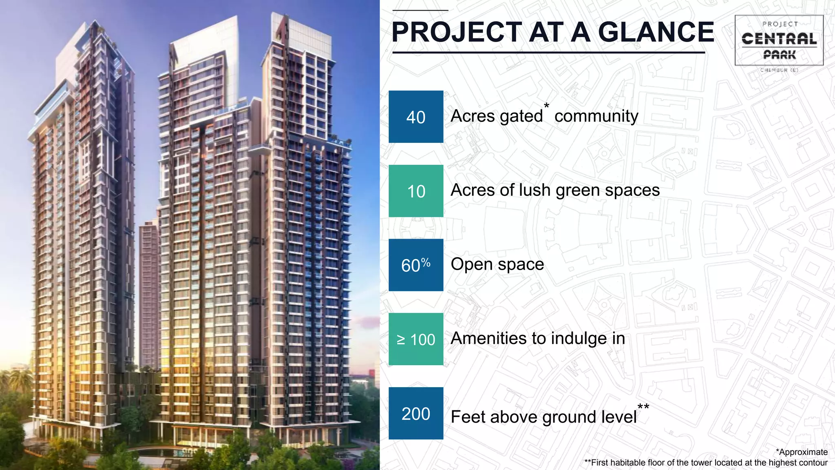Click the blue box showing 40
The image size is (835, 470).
pyautogui.click(x=415, y=117)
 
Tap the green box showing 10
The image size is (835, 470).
pyautogui.click(x=415, y=191)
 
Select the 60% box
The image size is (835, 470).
pyautogui.click(x=415, y=265)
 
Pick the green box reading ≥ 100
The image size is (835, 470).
pyautogui.click(x=415, y=339)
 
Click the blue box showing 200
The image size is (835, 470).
pyautogui.click(x=415, y=413)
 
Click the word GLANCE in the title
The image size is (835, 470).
pyautogui.click(x=656, y=32)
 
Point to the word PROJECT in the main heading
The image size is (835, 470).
pyautogui.click(x=457, y=32)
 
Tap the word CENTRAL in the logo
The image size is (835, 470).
pyautogui.click(x=779, y=39)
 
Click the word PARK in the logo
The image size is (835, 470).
pyautogui.click(x=779, y=55)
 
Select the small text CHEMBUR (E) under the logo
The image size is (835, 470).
pyautogui.click(x=779, y=70)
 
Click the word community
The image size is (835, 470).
pyautogui.click(x=596, y=116)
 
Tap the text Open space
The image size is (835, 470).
pyautogui.click(x=497, y=264)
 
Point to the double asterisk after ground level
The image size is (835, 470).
pyautogui.click(x=643, y=407)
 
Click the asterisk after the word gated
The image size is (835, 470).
pyautogui.click(x=546, y=106)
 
